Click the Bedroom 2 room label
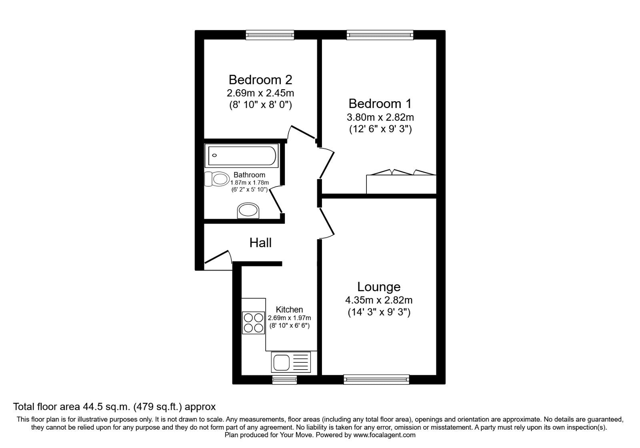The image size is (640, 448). click(x=260, y=80)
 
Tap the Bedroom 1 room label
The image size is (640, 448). click(x=380, y=104)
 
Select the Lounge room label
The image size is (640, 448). click(x=378, y=287)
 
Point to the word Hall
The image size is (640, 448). click(x=260, y=242)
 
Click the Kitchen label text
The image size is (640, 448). click(x=289, y=310)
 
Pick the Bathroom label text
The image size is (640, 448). click(x=249, y=175)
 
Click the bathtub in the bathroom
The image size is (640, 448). click(x=241, y=156)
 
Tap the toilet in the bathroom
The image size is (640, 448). click(x=216, y=179)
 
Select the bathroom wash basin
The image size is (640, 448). click(x=248, y=210)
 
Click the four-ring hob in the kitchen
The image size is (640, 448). click(x=253, y=323)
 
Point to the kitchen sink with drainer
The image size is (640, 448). click(x=290, y=362)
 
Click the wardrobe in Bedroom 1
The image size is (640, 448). click(x=401, y=184)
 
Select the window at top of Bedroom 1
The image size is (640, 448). click(x=380, y=35)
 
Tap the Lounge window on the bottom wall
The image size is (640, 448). click(x=376, y=379)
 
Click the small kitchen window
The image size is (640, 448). click(x=284, y=380)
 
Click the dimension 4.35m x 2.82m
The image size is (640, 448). click(x=378, y=300)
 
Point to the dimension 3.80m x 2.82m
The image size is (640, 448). click(x=380, y=117)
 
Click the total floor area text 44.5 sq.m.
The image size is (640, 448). click(x=114, y=407)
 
